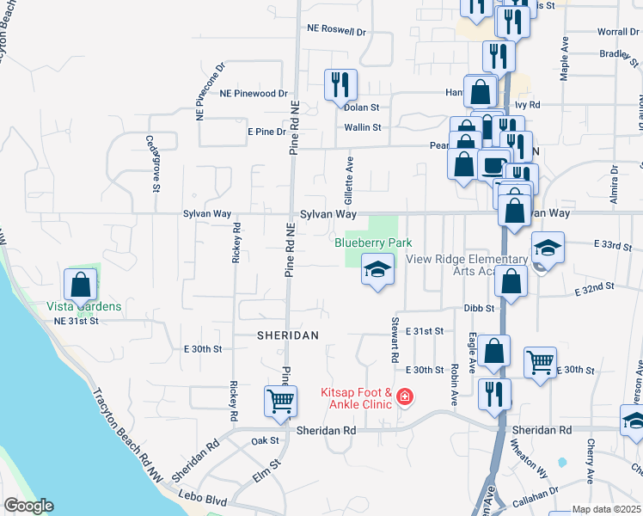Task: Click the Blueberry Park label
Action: click(367, 243)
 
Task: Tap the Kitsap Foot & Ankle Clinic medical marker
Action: click(404, 397)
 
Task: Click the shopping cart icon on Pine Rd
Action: click(281, 401)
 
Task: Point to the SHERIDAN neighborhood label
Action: click(288, 335)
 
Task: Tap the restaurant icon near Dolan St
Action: click(340, 84)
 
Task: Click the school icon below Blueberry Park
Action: click(376, 270)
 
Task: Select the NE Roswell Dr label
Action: click(337, 29)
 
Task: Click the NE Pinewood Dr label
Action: click(254, 93)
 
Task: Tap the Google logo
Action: click(28, 506)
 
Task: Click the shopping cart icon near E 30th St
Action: click(540, 361)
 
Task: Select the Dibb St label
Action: click(479, 308)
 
